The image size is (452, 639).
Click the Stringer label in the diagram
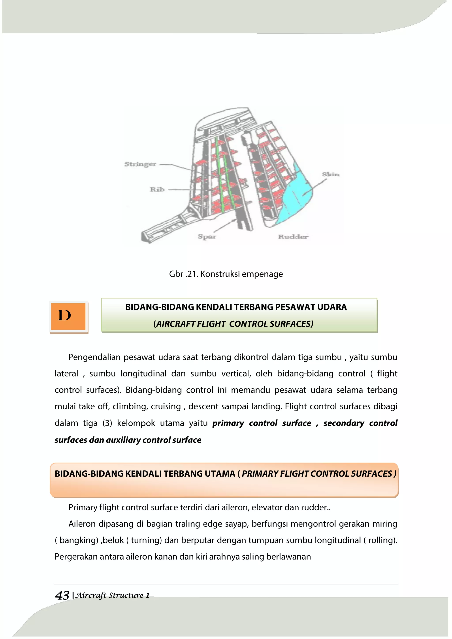click(x=140, y=164)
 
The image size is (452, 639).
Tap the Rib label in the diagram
click(x=157, y=190)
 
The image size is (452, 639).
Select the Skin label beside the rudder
click(x=331, y=175)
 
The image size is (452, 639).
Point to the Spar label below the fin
click(x=207, y=237)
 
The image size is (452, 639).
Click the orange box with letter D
click(x=68, y=316)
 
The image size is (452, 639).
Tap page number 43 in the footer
click(x=62, y=595)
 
